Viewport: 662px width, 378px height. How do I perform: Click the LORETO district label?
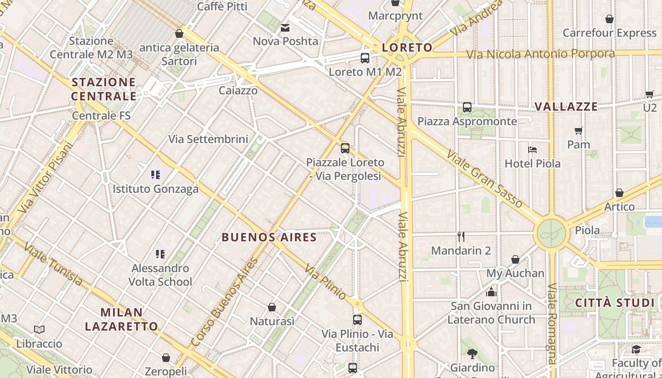pos(407,47)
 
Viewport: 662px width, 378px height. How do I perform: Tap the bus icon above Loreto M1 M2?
pos(365,58)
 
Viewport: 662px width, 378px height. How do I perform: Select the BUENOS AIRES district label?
pos(269,237)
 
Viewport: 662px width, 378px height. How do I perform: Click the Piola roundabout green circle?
pos(551,232)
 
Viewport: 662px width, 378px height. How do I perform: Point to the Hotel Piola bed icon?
pos(532,150)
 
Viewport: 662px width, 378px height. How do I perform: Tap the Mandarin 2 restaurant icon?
pos(461,237)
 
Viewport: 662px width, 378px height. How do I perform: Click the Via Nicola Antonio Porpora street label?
pos(540,54)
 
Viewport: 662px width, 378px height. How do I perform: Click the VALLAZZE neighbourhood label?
pos(566,107)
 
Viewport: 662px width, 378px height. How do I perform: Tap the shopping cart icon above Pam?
pos(578,130)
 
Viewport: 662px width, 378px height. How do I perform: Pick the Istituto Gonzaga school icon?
pos(156,175)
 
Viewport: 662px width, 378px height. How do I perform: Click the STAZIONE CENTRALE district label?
pos(104,89)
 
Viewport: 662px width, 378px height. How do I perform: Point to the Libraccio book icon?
pos(39,329)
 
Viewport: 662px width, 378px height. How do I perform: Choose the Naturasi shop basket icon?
pos(272,307)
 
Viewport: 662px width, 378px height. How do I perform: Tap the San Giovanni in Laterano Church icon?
pos(491,292)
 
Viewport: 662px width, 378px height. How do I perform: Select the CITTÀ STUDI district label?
pos(614,303)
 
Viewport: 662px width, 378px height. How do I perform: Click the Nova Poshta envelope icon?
pos(285,28)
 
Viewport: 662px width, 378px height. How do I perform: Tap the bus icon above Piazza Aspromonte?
pos(467,107)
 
